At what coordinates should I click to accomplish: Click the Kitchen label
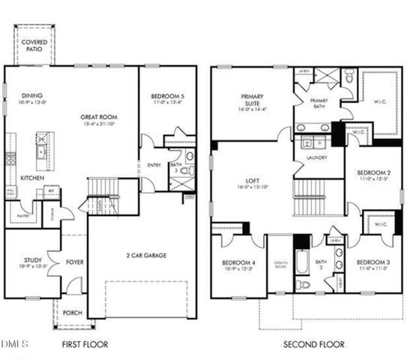(31, 178)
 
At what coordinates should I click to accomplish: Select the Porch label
(72, 313)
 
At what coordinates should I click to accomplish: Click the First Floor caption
(85, 344)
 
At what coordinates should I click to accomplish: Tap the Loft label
(251, 181)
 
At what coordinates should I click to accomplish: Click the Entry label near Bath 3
(154, 165)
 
